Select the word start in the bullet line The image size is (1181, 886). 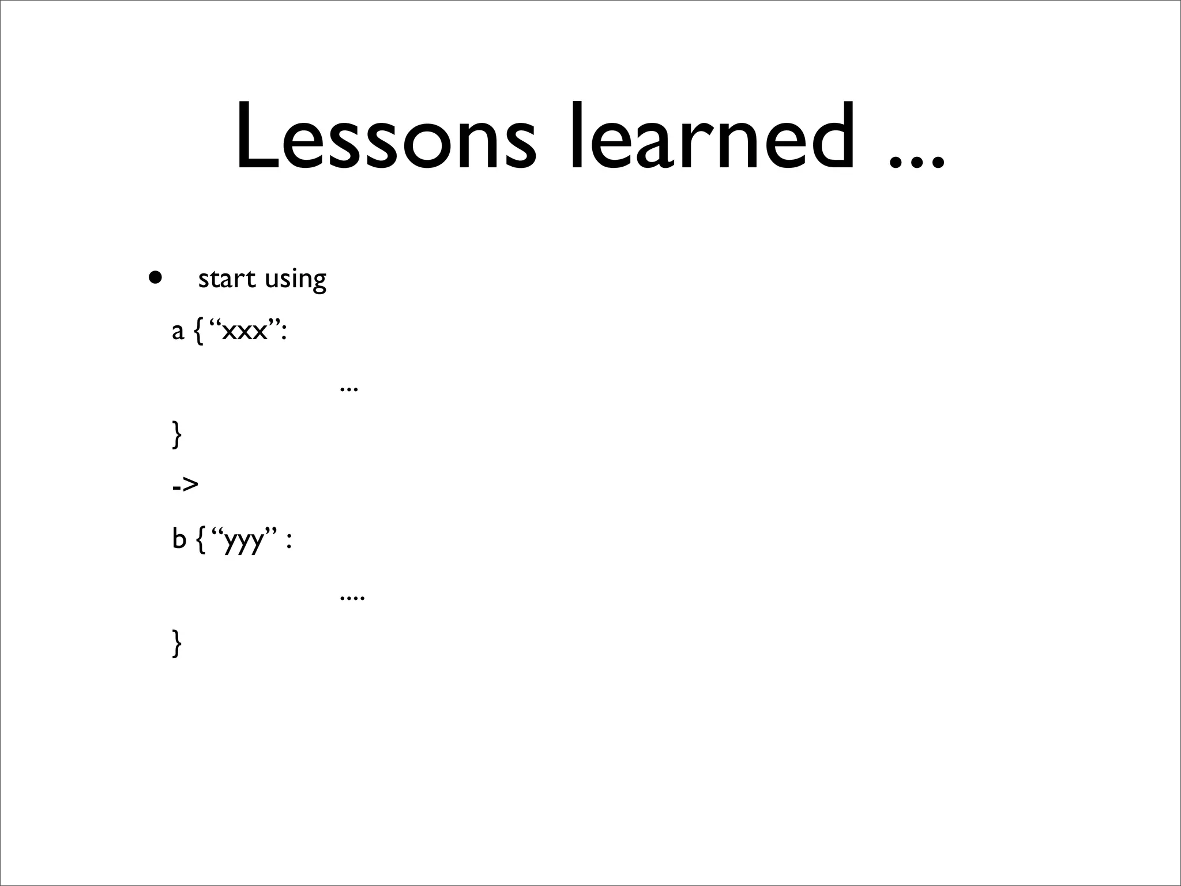point(227,279)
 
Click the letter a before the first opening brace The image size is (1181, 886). point(178,332)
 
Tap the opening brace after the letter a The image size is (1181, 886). point(198,332)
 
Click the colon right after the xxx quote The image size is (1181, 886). point(283,334)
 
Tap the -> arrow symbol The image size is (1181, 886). point(185,485)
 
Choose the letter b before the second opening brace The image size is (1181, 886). point(179,539)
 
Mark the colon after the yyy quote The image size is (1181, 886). point(289,542)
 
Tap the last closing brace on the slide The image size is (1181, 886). point(177,644)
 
